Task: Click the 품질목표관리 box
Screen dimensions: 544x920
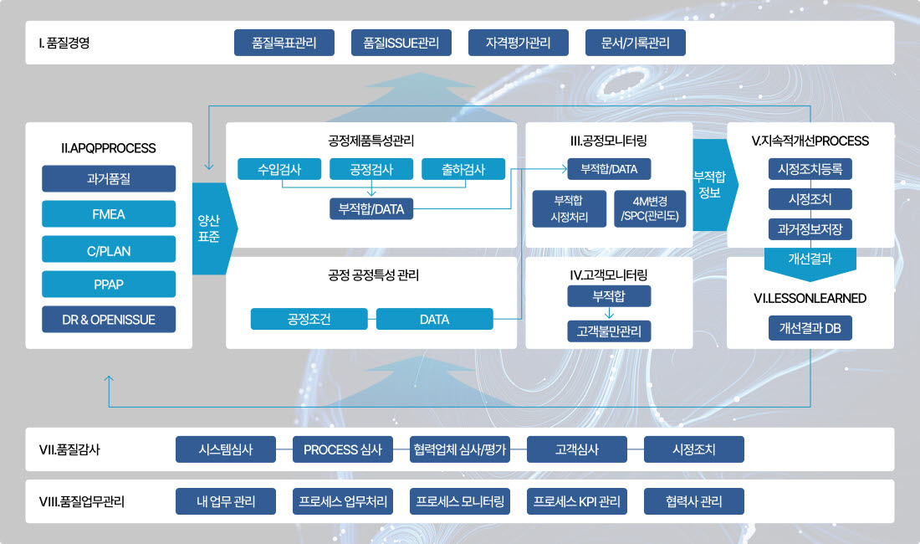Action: (284, 43)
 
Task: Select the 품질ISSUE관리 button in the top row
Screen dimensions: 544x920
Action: (401, 43)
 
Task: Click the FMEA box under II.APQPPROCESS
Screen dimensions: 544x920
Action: (109, 214)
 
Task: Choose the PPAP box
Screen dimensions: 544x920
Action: (109, 285)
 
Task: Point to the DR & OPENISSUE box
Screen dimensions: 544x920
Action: (109, 320)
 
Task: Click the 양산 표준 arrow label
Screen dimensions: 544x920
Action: (209, 228)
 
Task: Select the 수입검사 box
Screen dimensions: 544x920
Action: (280, 170)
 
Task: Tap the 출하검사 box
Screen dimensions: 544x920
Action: (464, 170)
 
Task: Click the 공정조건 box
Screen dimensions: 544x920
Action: (309, 319)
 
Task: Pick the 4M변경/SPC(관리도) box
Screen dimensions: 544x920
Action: (650, 209)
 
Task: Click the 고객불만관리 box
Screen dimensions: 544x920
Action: (609, 331)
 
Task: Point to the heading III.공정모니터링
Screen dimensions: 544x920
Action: (609, 141)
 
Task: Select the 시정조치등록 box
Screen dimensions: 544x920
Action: (810, 169)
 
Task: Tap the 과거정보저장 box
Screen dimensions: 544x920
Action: (810, 228)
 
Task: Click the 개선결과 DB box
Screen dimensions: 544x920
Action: (810, 328)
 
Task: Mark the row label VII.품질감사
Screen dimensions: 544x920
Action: (69, 449)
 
